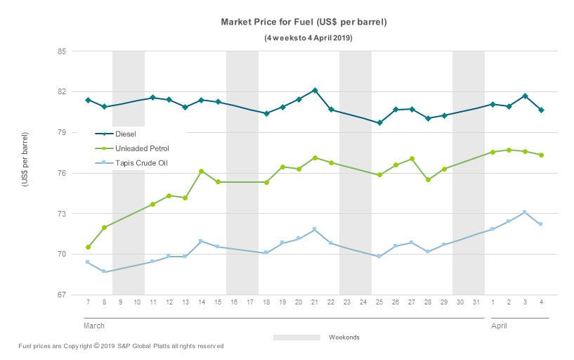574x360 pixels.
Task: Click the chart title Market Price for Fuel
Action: [304, 22]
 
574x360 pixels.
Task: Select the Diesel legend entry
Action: [125, 133]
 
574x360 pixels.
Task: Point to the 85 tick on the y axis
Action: [62, 51]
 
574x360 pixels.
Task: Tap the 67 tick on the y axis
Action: [62, 295]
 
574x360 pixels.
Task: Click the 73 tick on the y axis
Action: [62, 214]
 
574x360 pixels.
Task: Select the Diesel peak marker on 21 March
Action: [315, 90]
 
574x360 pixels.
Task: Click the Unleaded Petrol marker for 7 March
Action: [88, 247]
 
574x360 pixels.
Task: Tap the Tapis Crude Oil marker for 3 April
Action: [524, 212]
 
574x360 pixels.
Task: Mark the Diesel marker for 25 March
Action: [379, 123]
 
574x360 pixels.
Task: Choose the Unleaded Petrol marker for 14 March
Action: [201, 171]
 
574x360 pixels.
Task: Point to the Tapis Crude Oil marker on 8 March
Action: [104, 271]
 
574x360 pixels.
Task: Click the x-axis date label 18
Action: [266, 303]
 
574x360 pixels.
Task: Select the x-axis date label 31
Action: [476, 303]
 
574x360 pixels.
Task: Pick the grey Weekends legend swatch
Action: [296, 337]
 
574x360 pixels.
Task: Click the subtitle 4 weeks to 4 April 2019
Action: [304, 37]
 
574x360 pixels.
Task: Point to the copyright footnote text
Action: [121, 346]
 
